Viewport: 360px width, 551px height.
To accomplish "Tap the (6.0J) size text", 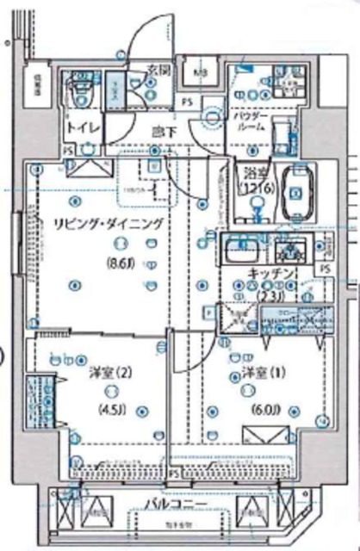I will tap(261, 409).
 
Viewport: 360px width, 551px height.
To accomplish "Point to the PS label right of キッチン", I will tap(325, 269).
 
